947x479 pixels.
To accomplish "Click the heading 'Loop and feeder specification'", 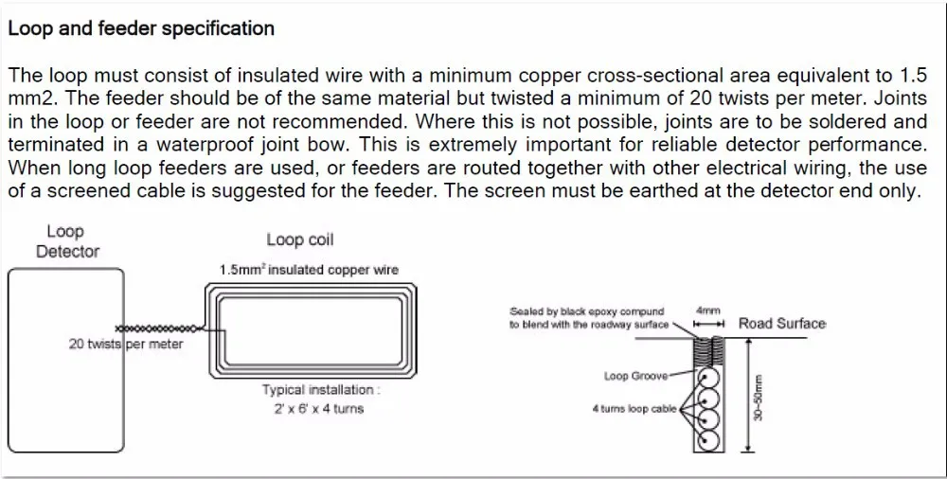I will [x=141, y=28].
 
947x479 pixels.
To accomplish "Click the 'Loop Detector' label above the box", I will [x=67, y=241].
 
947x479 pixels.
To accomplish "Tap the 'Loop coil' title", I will [x=300, y=240].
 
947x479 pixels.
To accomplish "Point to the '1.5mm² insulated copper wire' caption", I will [x=309, y=270].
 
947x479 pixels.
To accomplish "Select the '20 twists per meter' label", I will [x=126, y=345].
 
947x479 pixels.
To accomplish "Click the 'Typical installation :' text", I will [x=322, y=390].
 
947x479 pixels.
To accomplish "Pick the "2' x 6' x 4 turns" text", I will [x=313, y=409].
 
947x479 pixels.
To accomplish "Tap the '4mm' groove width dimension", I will [x=707, y=310].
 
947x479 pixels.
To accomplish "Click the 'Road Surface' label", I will [x=781, y=324].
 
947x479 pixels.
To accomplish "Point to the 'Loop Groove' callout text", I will [x=635, y=376].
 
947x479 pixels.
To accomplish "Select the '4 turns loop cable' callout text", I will [x=634, y=409].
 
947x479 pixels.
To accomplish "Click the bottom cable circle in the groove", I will [x=708, y=440].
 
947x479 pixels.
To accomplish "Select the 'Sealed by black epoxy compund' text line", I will [x=586, y=311].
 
